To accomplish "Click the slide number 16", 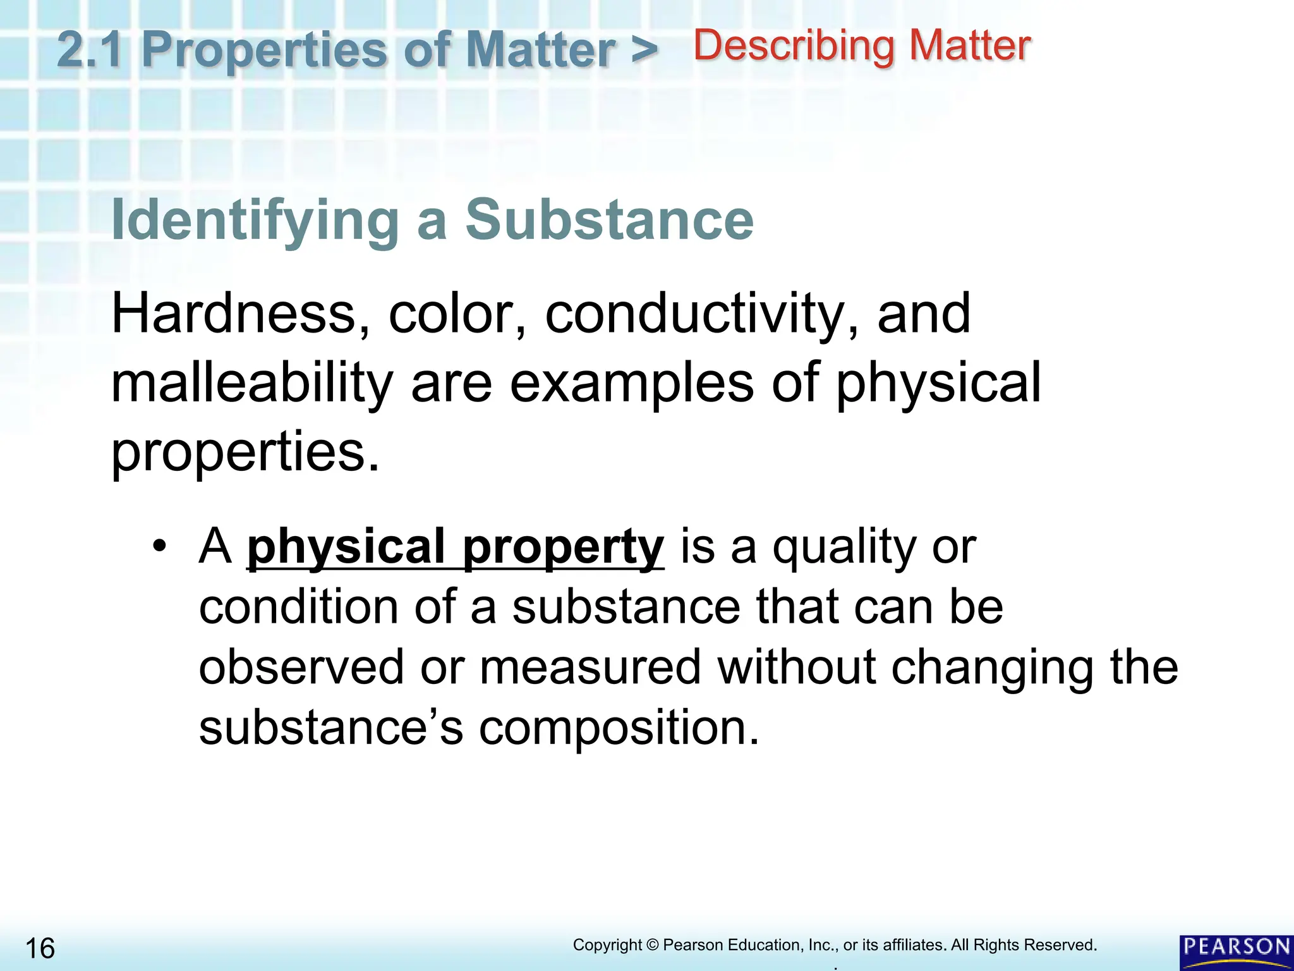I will pos(40,948).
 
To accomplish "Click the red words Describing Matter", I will pos(862,46).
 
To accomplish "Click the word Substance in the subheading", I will pos(609,219).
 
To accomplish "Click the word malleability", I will pos(252,384).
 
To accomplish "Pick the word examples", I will pos(631,384).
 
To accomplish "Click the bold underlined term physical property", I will pos(455,547).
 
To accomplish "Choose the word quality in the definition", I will pos(844,547).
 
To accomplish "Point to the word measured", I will pos(590,667).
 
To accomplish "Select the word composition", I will pos(619,728).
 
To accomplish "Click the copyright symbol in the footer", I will pos(652,945).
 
